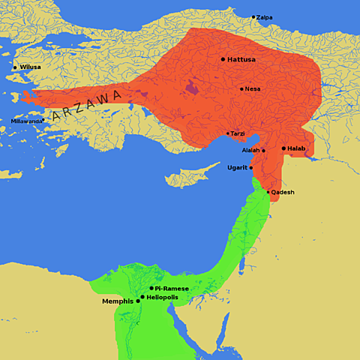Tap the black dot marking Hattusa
tap(223, 58)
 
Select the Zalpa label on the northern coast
tap(264, 17)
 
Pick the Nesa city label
tap(253, 89)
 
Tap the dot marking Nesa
tap(241, 89)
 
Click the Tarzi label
tap(238, 133)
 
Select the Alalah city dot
tap(263, 151)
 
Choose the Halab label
tap(297, 148)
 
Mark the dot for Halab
tap(283, 148)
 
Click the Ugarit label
tap(237, 167)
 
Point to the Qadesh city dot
tap(268, 192)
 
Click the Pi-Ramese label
tap(172, 288)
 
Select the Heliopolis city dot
tap(142, 297)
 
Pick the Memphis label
tap(118, 301)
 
